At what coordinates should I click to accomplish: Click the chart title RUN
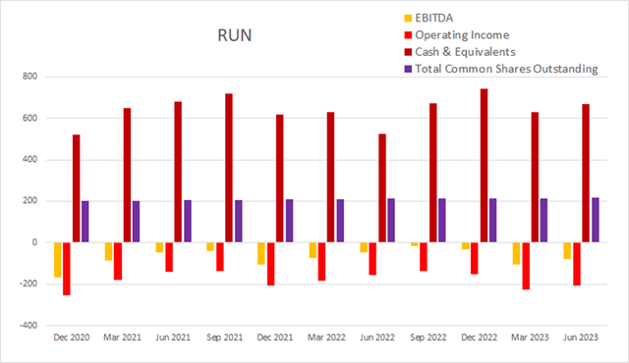(235, 36)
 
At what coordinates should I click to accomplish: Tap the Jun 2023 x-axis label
(580, 339)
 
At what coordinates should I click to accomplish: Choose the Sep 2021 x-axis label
(226, 339)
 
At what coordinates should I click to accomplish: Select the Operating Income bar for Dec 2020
(66, 268)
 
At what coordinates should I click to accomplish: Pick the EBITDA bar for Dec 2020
(56, 259)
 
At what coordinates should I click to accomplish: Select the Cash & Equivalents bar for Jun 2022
(382, 187)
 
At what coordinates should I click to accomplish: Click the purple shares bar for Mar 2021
(137, 222)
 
